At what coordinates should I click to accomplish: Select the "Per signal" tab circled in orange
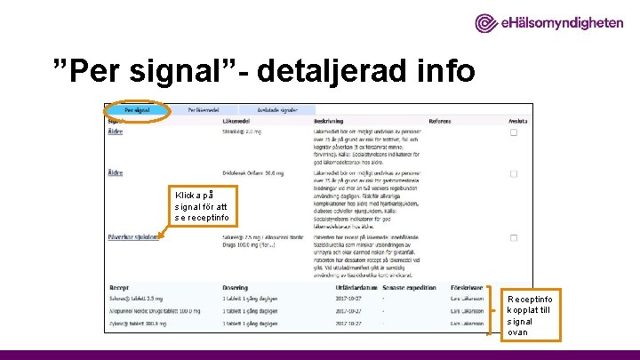pyautogui.click(x=137, y=110)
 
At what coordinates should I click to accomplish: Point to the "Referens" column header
pyautogui.click(x=439, y=121)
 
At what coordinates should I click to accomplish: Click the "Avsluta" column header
pyautogui.click(x=517, y=121)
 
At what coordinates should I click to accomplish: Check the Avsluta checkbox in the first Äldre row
pyautogui.click(x=514, y=132)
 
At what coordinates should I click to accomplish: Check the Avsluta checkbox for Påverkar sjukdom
pyautogui.click(x=514, y=238)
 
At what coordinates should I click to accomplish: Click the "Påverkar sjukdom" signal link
pyautogui.click(x=133, y=237)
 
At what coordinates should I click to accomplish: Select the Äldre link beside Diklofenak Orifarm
pyautogui.click(x=116, y=172)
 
